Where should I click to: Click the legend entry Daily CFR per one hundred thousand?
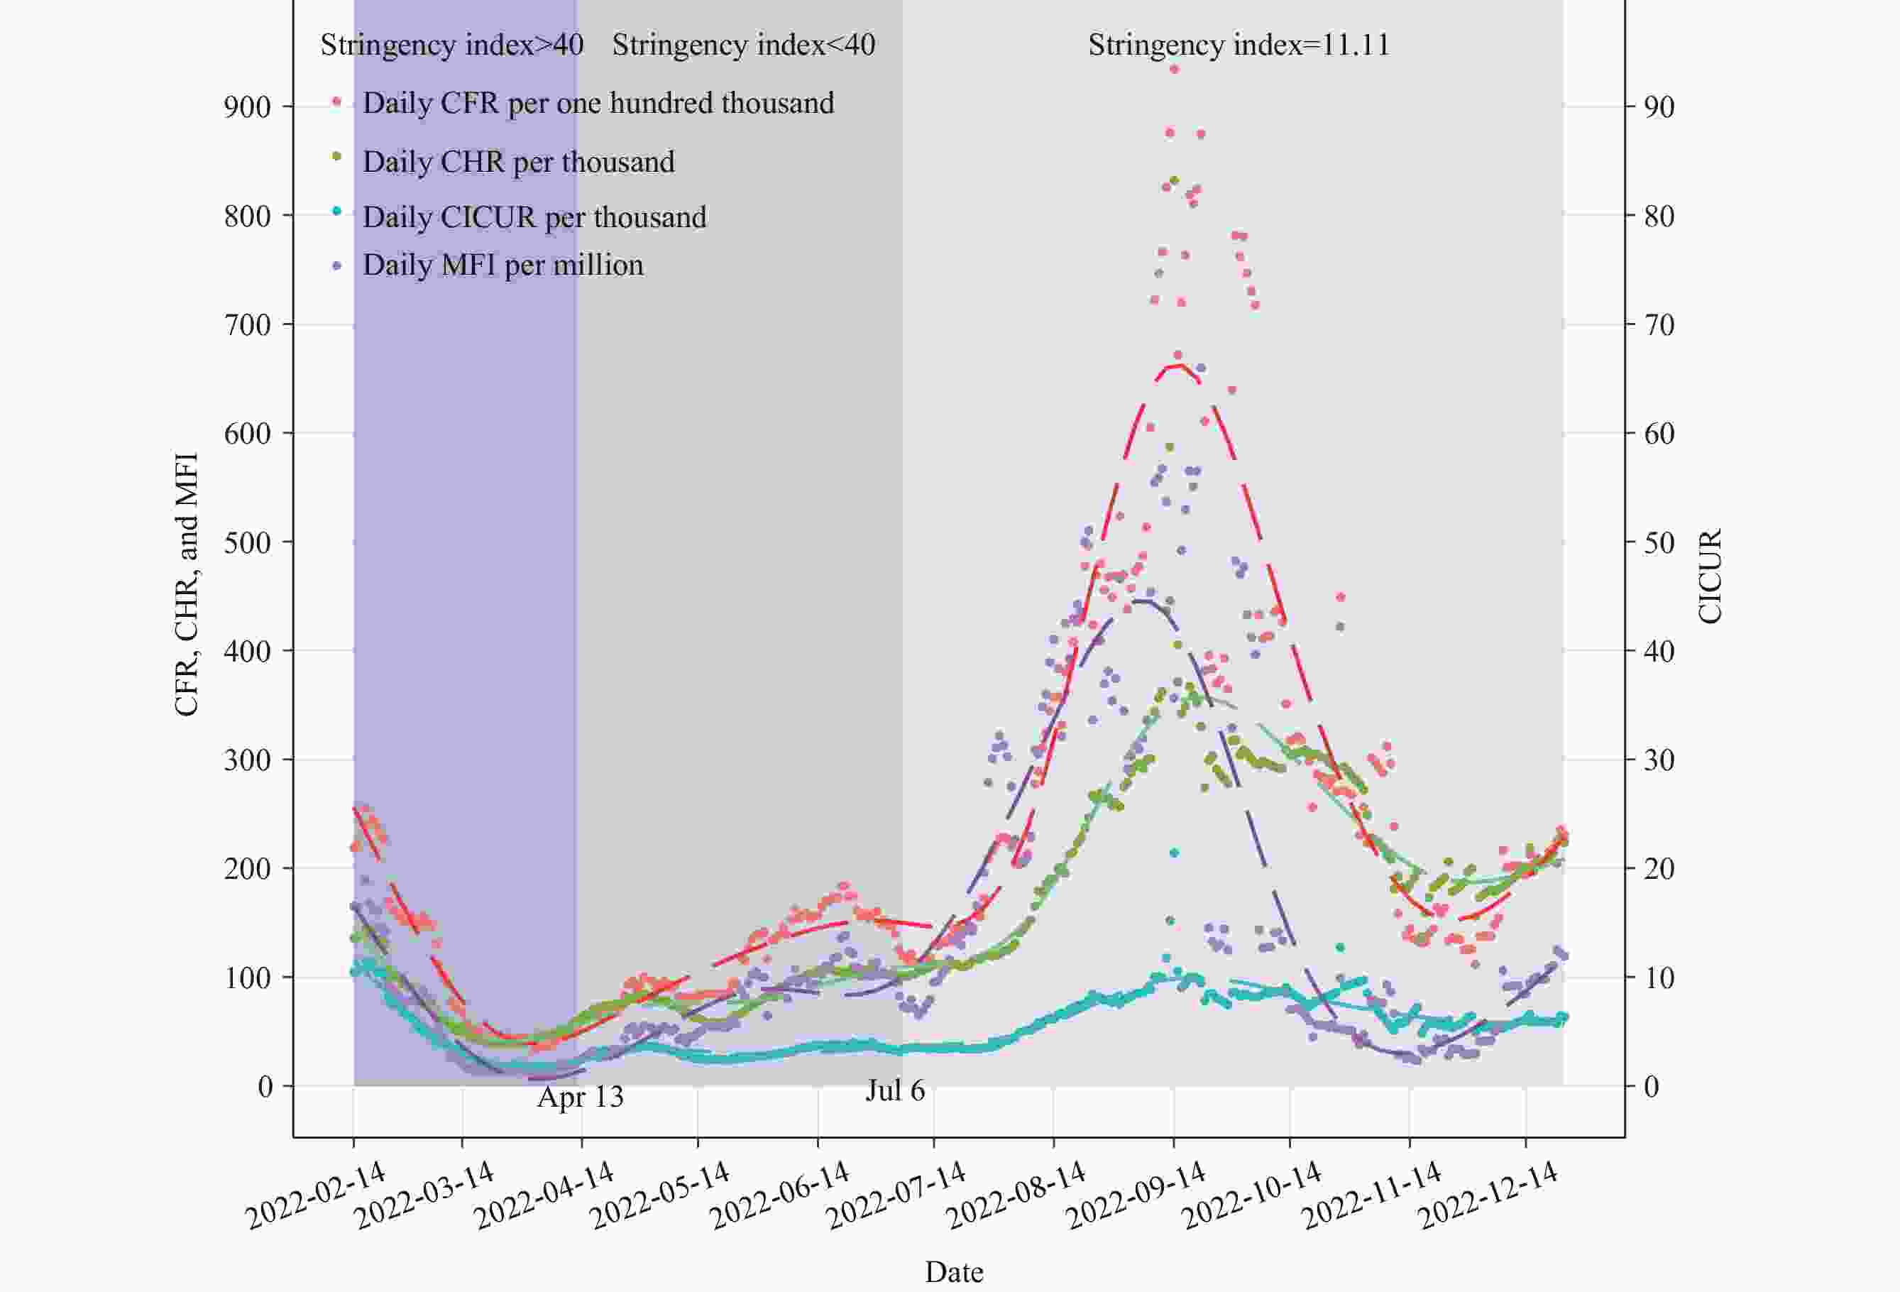(x=598, y=103)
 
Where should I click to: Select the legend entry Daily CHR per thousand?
(x=518, y=162)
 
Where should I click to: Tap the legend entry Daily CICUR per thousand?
(x=534, y=217)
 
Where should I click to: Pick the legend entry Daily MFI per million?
(x=503, y=265)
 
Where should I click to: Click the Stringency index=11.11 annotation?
(x=1239, y=45)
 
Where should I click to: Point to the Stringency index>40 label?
(x=451, y=45)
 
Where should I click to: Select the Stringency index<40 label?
(x=743, y=45)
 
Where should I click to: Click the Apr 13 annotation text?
(x=580, y=1097)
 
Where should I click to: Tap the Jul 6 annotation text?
(x=894, y=1091)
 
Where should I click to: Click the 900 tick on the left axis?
(x=247, y=107)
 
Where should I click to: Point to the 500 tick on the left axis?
(x=247, y=543)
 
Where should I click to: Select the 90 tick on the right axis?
(x=1658, y=107)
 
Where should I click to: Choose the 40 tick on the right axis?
(x=1658, y=652)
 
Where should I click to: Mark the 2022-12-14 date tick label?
(x=1488, y=1195)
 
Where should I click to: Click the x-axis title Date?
(x=953, y=1271)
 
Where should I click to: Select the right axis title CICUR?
(x=1710, y=576)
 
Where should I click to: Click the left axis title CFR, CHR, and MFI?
(x=187, y=585)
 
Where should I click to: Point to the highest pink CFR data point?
(x=1174, y=70)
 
